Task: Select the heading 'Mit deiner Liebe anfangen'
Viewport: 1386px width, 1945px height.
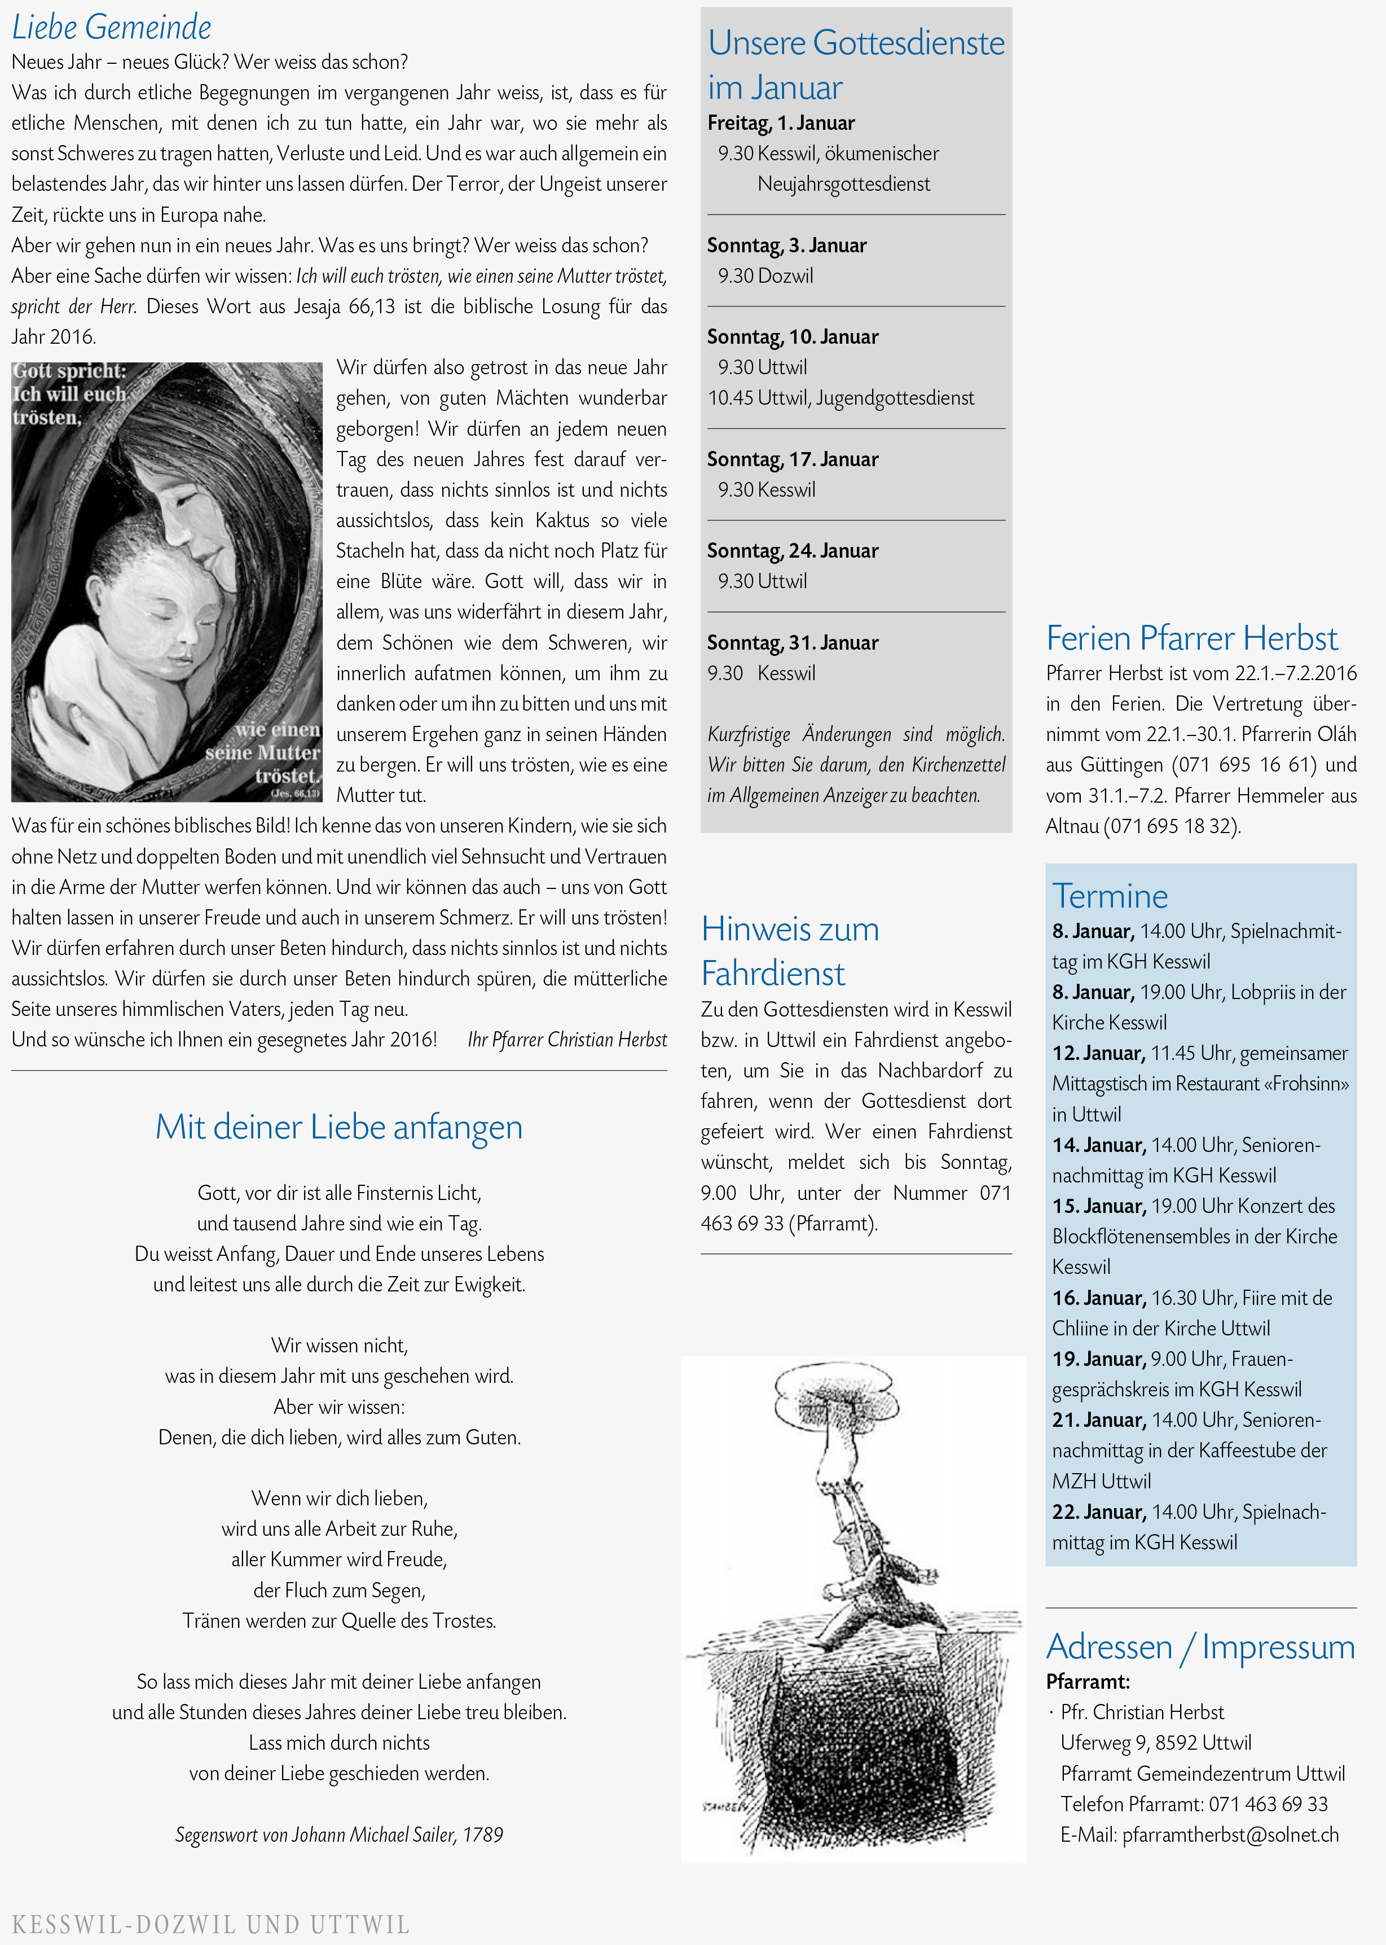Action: coord(339,1127)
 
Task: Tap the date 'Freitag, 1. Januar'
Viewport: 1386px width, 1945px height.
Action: coord(781,123)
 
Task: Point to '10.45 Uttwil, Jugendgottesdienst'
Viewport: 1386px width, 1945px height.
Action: coord(840,398)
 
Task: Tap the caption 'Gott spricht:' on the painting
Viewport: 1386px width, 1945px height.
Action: coord(68,371)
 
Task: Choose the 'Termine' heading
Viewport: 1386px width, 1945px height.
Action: coord(1110,896)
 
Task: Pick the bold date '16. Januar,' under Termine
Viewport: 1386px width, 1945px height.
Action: coord(1098,1298)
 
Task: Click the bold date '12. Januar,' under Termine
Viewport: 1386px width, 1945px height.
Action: coord(1098,1053)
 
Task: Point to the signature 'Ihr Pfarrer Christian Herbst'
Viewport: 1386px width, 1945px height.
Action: coord(567,1039)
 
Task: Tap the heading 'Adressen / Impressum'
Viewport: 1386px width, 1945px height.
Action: coord(1200,1646)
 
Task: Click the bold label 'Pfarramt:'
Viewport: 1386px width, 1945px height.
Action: coord(1087,1682)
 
